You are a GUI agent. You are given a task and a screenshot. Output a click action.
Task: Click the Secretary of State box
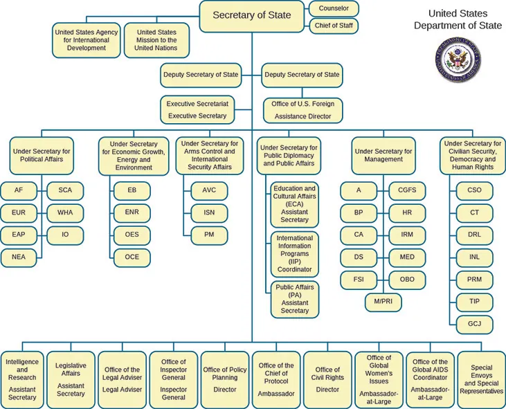252,15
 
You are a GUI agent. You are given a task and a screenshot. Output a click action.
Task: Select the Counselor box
334,8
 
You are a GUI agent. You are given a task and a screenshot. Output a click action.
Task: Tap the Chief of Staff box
334,26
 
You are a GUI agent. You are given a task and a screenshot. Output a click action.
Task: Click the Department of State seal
457,60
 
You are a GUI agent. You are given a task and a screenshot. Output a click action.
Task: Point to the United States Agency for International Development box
87,40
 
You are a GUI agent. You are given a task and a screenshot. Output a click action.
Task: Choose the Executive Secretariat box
197,109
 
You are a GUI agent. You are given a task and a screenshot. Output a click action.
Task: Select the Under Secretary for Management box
383,154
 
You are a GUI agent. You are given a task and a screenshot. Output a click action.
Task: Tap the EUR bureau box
19,212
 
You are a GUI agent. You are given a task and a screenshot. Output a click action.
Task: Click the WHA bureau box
65,212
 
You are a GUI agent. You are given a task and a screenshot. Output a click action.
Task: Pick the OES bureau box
132,235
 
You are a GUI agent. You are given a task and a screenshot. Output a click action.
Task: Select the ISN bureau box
209,212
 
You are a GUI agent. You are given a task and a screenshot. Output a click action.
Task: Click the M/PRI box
383,302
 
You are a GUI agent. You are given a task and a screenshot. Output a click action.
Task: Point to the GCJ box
474,324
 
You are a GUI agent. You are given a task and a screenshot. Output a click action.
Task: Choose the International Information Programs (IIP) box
294,253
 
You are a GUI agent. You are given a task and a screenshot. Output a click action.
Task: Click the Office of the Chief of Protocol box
276,379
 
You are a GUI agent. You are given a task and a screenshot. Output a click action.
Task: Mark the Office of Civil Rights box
327,379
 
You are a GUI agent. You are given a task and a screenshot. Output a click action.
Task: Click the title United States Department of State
457,19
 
